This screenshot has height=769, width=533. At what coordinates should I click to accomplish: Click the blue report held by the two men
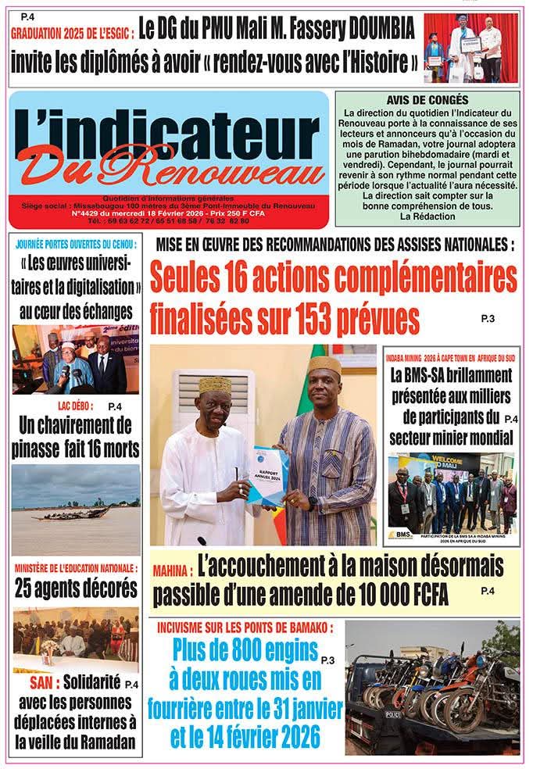[x=268, y=474]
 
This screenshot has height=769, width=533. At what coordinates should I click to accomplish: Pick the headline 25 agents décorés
[x=76, y=587]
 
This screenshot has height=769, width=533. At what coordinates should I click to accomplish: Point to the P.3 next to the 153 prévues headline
[x=488, y=318]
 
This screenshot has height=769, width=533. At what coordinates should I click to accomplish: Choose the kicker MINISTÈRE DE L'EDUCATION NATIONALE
[x=76, y=568]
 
